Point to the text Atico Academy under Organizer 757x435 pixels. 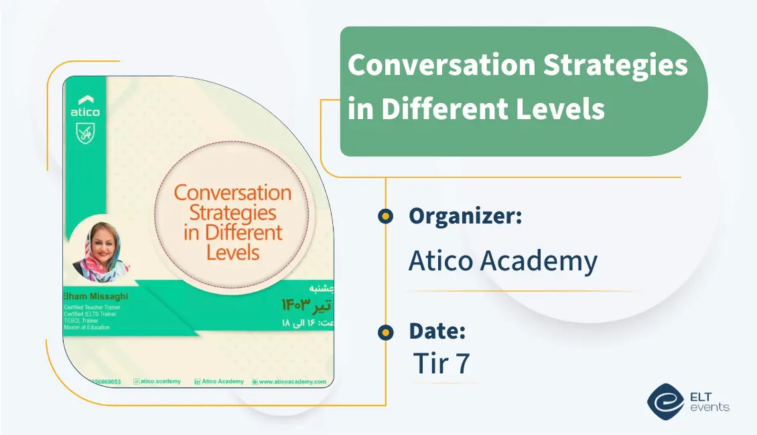click(502, 261)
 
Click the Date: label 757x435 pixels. click(437, 331)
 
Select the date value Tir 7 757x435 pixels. click(441, 363)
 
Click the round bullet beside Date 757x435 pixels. click(385, 332)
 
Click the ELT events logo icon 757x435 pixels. click(665, 400)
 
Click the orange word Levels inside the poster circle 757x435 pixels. click(232, 252)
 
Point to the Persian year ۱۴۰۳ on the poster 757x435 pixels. click(297, 305)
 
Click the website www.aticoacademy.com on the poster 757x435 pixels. click(292, 381)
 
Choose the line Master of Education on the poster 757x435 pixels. click(87, 327)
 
